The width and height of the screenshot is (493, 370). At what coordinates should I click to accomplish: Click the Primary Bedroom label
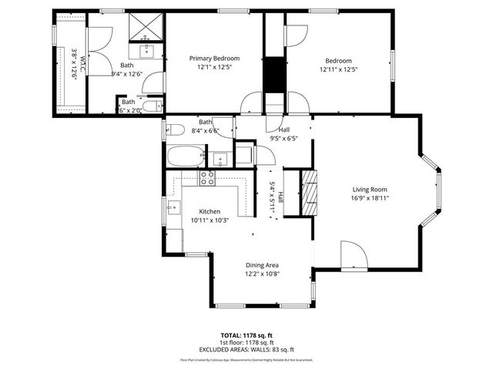tap(215, 59)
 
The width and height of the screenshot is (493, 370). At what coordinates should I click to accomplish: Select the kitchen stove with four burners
tap(207, 178)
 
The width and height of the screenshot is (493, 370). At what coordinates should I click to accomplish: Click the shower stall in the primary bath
tap(146, 25)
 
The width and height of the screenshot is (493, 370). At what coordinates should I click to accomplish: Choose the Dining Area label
tap(262, 264)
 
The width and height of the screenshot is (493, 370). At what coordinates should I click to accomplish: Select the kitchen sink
tap(173, 207)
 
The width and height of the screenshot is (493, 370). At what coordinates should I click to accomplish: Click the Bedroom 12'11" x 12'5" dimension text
tap(338, 69)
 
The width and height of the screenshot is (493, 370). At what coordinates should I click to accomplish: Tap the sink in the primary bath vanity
tap(146, 51)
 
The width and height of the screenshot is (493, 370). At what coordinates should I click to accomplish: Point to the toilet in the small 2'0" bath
tap(153, 105)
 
